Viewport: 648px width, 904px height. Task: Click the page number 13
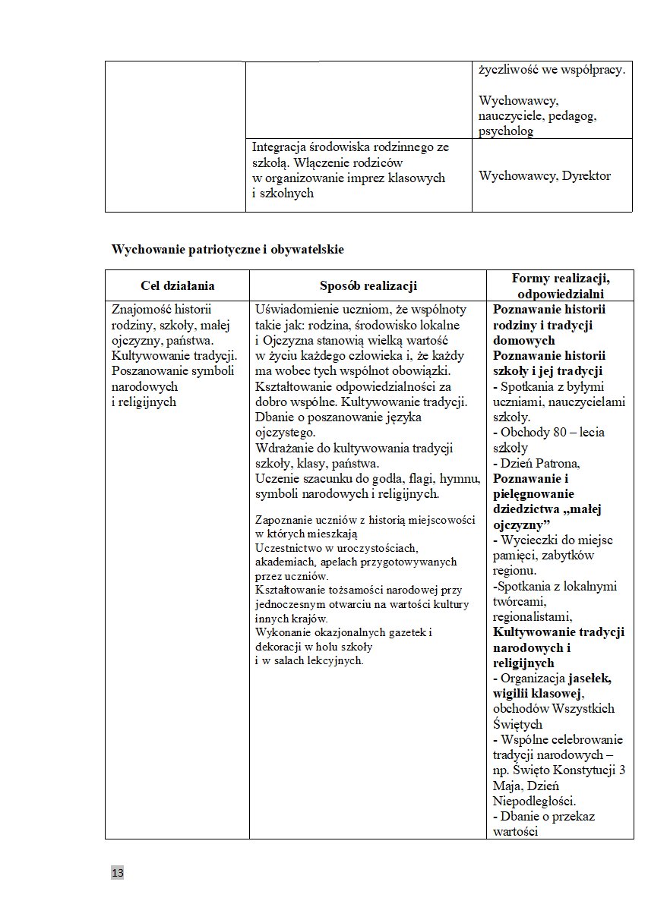pyautogui.click(x=118, y=873)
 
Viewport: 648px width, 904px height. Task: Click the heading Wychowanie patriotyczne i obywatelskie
pyautogui.click(x=228, y=249)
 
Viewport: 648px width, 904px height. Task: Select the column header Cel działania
pyautogui.click(x=178, y=286)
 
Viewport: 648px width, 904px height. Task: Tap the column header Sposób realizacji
pyautogui.click(x=368, y=286)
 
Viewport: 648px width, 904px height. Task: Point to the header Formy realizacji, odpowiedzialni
pyautogui.click(x=561, y=286)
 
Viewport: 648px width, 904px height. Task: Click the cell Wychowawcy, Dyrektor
pyautogui.click(x=545, y=176)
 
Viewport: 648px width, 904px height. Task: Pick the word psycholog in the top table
pyautogui.click(x=506, y=131)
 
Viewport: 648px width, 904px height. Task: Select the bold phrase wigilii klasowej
pyautogui.click(x=537, y=693)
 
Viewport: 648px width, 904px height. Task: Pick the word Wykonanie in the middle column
pyautogui.click(x=280, y=632)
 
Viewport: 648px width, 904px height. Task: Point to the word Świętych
pyautogui.click(x=517, y=724)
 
